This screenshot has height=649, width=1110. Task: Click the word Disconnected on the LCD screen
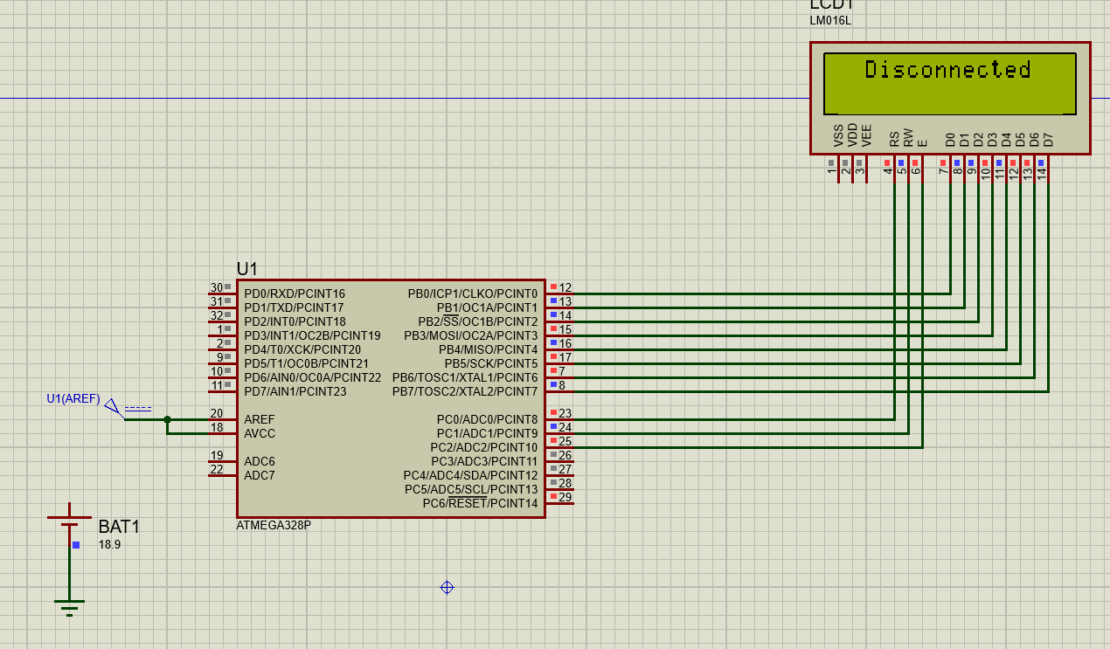click(947, 70)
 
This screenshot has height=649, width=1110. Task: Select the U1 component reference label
click(247, 269)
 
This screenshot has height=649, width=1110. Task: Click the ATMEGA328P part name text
click(274, 526)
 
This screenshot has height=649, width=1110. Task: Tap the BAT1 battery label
click(119, 527)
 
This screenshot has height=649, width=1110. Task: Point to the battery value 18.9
click(109, 544)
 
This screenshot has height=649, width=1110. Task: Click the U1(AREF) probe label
click(73, 398)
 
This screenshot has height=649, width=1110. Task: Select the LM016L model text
click(830, 20)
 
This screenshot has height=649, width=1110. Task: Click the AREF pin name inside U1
click(260, 420)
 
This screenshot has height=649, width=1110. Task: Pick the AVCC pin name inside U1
click(260, 434)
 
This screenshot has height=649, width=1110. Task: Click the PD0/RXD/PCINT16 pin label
click(295, 294)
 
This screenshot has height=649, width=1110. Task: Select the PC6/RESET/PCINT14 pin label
click(480, 504)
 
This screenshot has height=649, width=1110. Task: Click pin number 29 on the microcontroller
click(565, 498)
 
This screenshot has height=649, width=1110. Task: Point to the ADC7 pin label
click(260, 476)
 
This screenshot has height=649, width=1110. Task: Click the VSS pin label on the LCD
click(839, 135)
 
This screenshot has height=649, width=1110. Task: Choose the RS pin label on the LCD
click(894, 138)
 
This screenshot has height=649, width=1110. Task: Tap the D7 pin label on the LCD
click(1048, 139)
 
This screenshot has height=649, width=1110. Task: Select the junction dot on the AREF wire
click(168, 420)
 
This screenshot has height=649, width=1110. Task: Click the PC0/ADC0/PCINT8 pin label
click(487, 420)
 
